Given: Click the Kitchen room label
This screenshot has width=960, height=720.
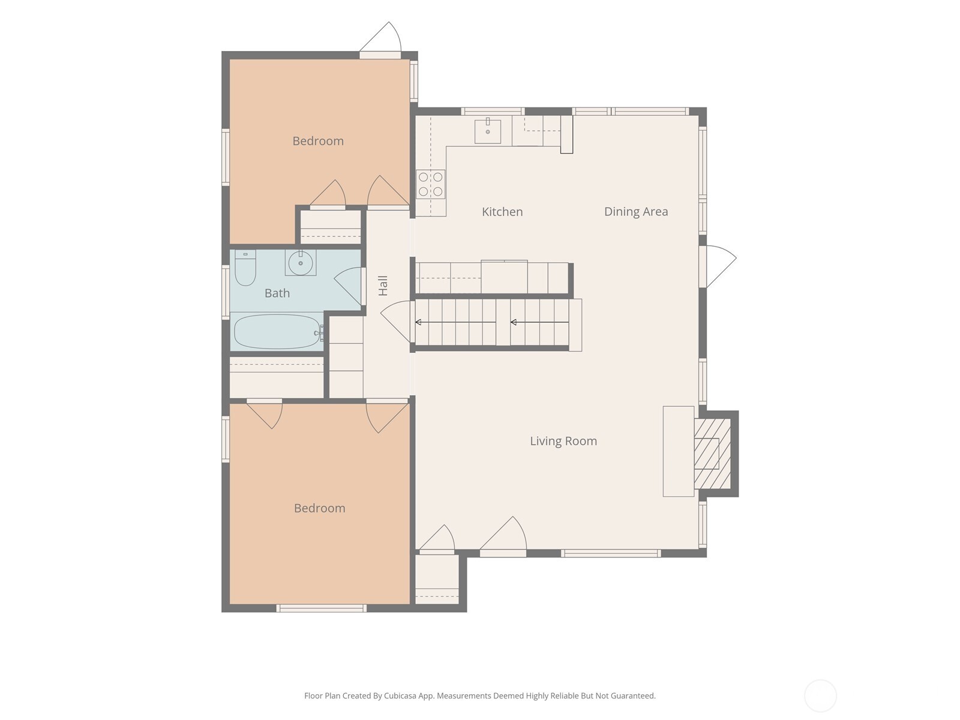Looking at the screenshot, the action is [x=502, y=212].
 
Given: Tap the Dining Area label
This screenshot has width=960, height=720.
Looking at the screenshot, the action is [x=636, y=212].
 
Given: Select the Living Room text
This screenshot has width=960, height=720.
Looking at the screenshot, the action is [x=563, y=441].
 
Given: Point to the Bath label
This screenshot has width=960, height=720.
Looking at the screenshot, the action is [x=277, y=293].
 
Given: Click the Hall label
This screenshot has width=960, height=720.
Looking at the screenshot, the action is [x=383, y=286].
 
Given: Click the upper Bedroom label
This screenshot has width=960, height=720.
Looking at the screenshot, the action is [x=318, y=141].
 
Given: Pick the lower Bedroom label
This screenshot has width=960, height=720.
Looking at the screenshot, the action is [x=320, y=508].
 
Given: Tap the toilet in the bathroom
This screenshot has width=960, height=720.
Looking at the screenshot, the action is [x=245, y=268].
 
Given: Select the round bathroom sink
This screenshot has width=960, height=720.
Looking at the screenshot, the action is [x=301, y=263].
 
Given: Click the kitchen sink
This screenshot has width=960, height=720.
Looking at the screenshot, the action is [x=488, y=130].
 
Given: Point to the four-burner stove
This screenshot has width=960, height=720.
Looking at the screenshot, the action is [x=431, y=184].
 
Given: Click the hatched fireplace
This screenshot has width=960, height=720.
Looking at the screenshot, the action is [x=712, y=454].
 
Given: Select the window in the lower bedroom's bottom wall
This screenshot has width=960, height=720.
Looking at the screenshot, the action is [x=322, y=608].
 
